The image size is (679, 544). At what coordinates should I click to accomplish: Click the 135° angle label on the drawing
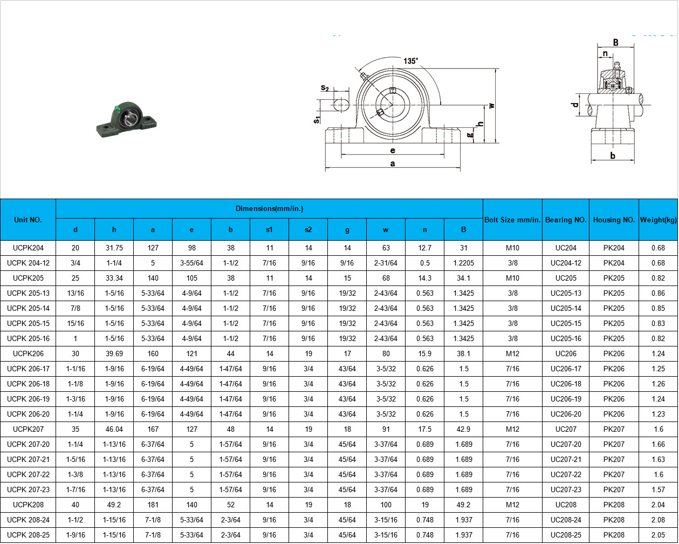click(x=410, y=61)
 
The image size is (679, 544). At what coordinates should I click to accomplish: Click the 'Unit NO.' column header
click(x=28, y=220)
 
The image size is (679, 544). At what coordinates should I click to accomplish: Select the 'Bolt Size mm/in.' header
click(x=512, y=220)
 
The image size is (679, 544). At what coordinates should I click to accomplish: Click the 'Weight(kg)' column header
click(x=658, y=220)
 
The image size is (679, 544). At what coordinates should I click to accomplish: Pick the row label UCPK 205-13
click(x=28, y=293)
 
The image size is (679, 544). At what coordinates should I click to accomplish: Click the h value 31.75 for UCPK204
click(x=114, y=248)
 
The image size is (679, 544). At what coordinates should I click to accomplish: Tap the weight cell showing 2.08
click(x=658, y=520)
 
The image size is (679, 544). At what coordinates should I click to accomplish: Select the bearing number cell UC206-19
click(x=566, y=399)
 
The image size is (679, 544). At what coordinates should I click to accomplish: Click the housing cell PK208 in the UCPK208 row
click(x=614, y=505)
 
